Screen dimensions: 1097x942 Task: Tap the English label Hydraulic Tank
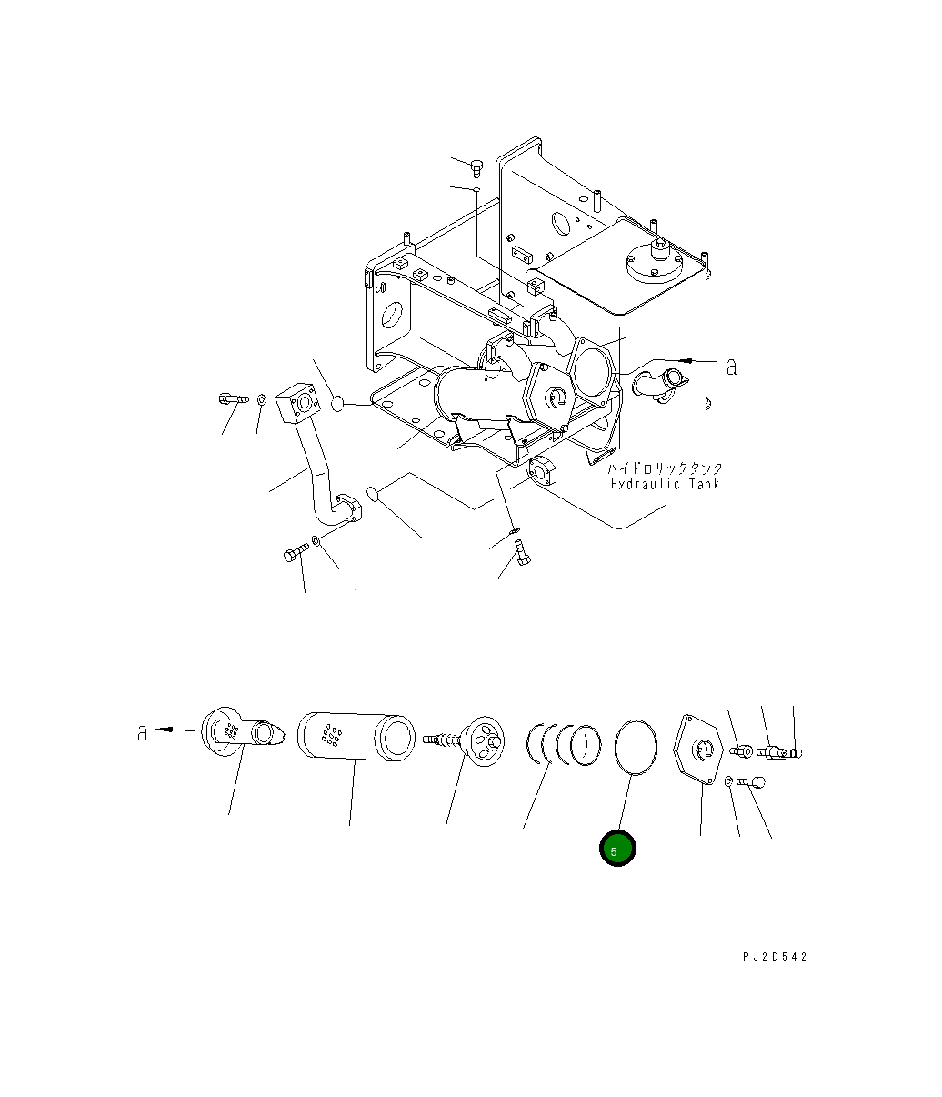click(665, 484)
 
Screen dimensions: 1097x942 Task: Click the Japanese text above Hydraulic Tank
click(666, 468)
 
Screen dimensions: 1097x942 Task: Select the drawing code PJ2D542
click(773, 957)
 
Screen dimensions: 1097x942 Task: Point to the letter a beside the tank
click(731, 367)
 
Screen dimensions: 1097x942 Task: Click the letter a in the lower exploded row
click(143, 731)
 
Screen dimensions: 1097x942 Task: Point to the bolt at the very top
click(476, 166)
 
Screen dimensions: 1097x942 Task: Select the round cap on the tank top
click(656, 263)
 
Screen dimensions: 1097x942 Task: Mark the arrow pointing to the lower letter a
click(177, 730)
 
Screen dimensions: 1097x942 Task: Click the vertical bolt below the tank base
click(522, 552)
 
